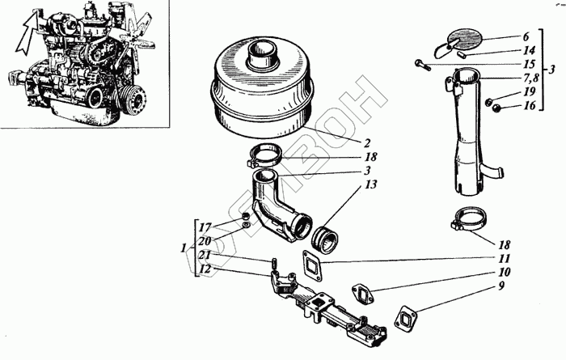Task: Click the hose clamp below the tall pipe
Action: pos(465,219)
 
